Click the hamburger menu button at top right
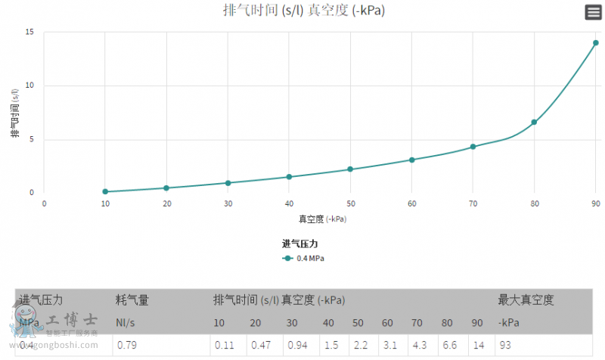point(593,12)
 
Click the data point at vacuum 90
point(596,43)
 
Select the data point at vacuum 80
point(534,122)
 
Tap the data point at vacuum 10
point(105,191)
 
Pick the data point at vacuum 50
point(350,169)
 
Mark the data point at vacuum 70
point(473,147)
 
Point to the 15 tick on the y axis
point(29,33)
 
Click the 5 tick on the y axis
point(32,139)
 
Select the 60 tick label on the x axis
point(411,204)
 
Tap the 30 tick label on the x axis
point(228,204)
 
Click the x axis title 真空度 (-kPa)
point(321,219)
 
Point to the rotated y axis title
point(14,113)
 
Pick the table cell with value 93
point(505,345)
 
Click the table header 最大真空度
point(526,300)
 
